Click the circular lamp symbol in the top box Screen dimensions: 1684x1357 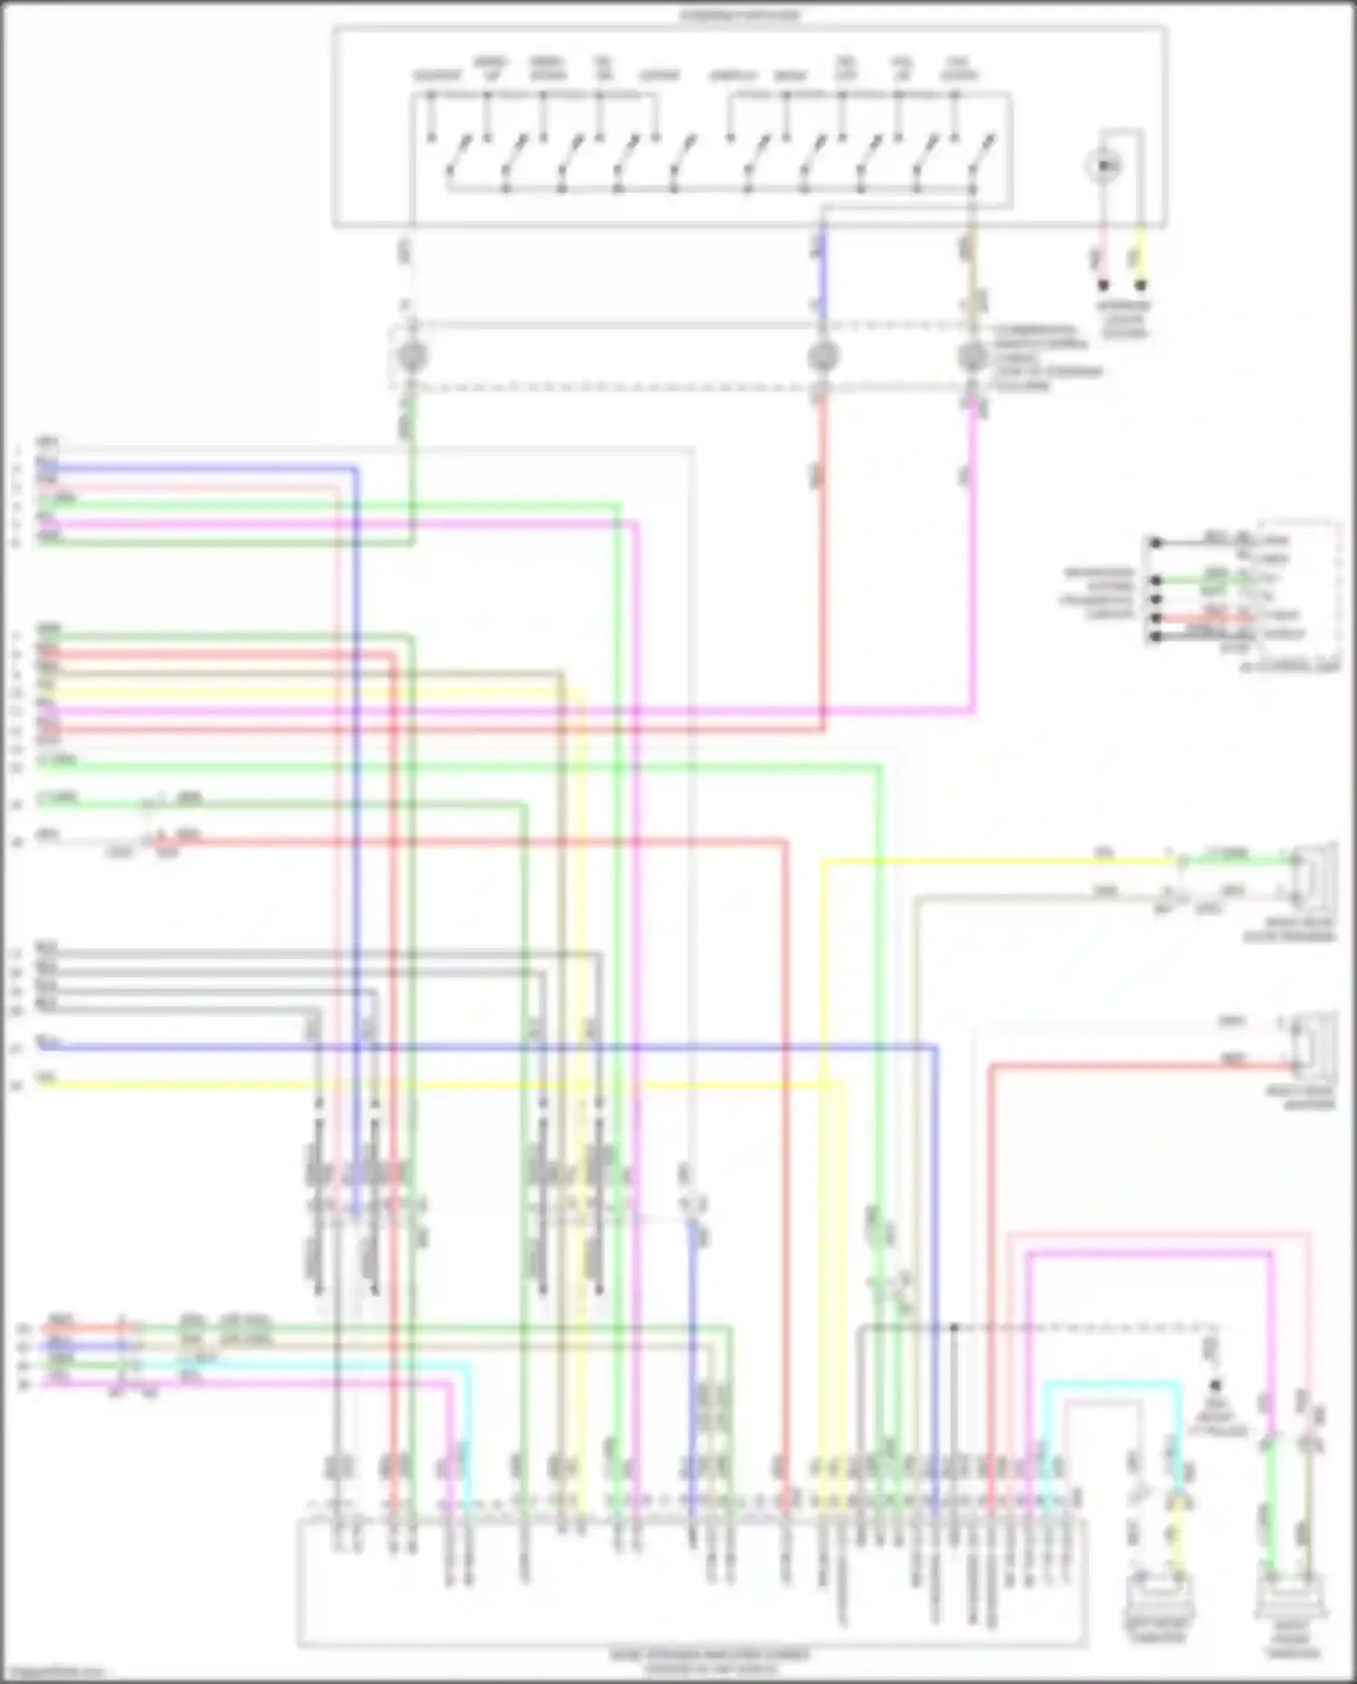click(1104, 166)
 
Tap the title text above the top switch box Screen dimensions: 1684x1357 click(742, 15)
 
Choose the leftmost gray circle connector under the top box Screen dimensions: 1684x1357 click(412, 356)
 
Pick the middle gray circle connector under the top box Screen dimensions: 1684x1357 click(822, 356)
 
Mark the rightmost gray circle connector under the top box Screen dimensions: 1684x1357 click(973, 356)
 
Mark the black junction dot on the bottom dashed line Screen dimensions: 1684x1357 click(954, 1327)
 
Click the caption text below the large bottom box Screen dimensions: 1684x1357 click(710, 1660)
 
